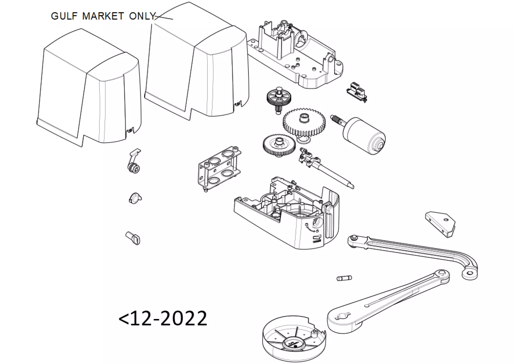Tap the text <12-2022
[x=163, y=318]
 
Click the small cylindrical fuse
[x=344, y=278]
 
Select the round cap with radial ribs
[x=294, y=343]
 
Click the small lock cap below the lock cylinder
[x=135, y=198]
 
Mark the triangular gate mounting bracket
[x=440, y=224]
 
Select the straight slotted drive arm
[x=388, y=302]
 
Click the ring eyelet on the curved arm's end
[x=470, y=274]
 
